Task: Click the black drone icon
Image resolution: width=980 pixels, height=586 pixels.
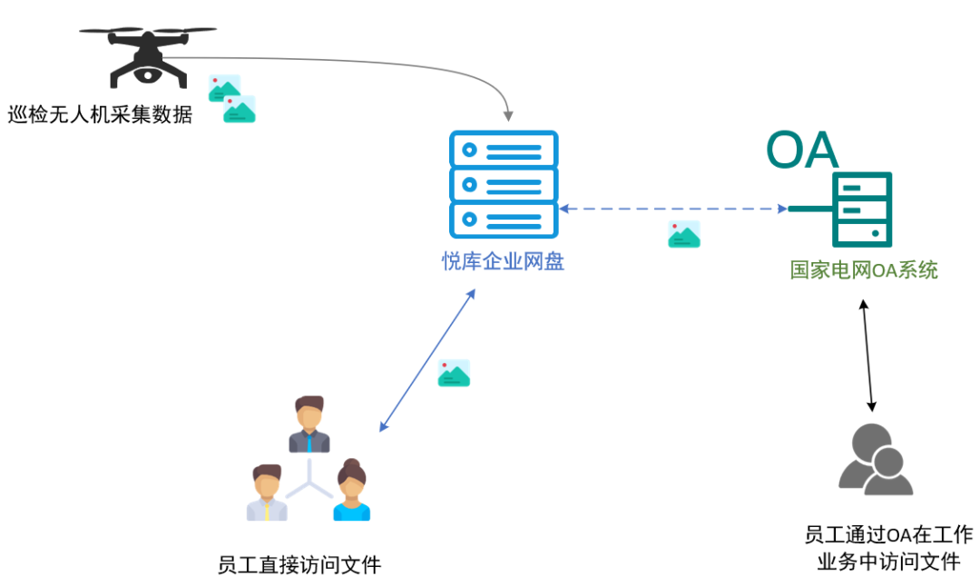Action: pyautogui.click(x=147, y=54)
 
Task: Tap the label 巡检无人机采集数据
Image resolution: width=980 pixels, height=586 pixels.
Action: pyautogui.click(x=100, y=115)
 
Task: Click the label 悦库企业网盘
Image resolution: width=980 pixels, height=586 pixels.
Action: pyautogui.click(x=503, y=262)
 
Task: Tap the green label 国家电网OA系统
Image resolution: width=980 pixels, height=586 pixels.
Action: pyautogui.click(x=864, y=269)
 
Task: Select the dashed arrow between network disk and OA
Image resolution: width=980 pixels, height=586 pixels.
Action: pyautogui.click(x=672, y=209)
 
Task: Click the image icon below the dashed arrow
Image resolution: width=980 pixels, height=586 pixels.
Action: pyautogui.click(x=684, y=235)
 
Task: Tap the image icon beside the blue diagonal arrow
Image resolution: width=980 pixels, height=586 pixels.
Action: pyautogui.click(x=454, y=373)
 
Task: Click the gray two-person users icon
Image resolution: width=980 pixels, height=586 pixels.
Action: pyautogui.click(x=874, y=458)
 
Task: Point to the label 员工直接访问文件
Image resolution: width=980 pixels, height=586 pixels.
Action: pyautogui.click(x=299, y=565)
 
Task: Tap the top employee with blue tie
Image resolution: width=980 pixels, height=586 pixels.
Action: pyautogui.click(x=309, y=425)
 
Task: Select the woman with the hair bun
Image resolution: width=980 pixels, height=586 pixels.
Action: pyautogui.click(x=351, y=490)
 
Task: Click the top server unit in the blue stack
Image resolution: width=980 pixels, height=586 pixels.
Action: pyautogui.click(x=504, y=149)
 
